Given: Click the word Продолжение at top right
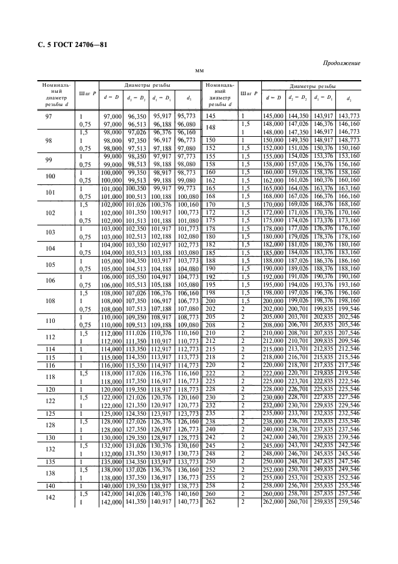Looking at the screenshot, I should [341, 63].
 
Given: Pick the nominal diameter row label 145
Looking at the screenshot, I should [211, 115].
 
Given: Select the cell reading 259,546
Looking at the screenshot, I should [349, 501].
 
